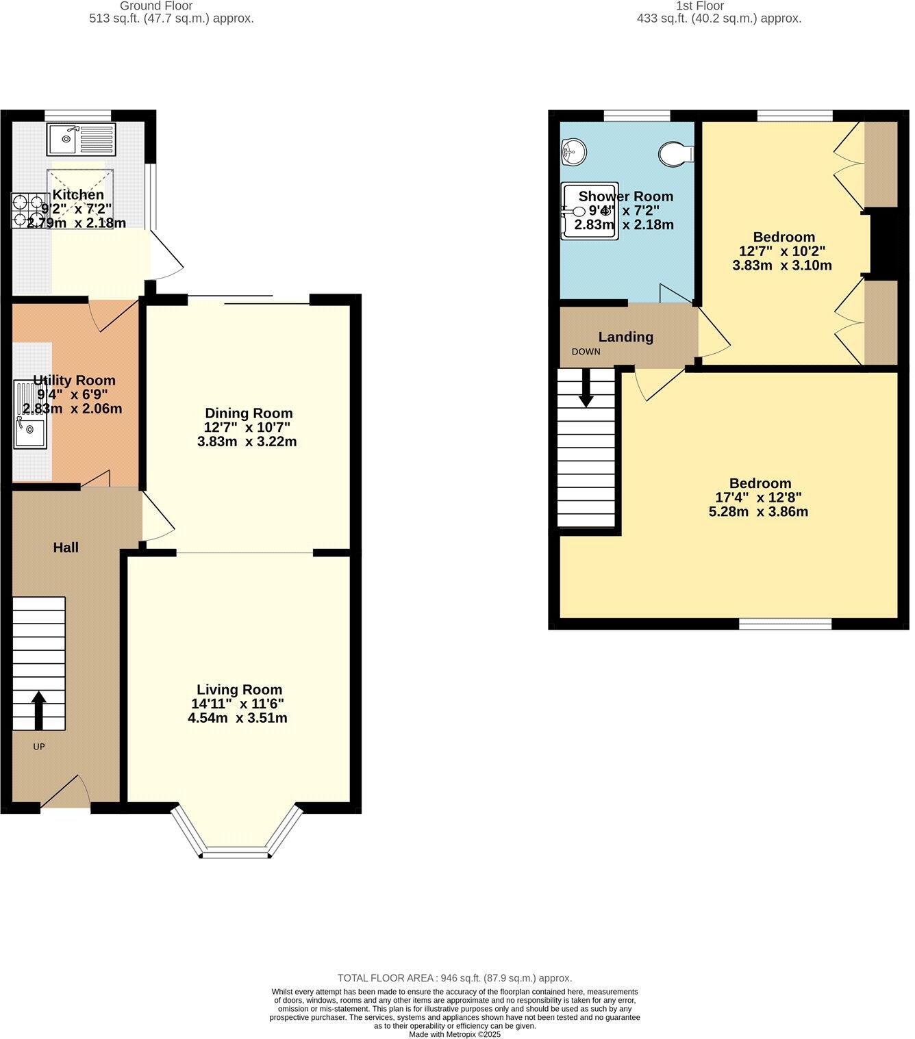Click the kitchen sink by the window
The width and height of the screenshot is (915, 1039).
coord(82,140)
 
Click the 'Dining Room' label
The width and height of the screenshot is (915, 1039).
coord(249,413)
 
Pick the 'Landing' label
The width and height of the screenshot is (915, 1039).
coord(625,337)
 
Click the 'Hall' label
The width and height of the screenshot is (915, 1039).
coord(66,548)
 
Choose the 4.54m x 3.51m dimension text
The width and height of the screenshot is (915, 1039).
coord(237,719)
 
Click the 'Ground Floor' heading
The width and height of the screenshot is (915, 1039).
coord(156,6)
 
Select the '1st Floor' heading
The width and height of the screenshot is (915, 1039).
coord(699,6)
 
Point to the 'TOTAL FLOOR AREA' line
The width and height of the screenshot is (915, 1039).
coord(454,978)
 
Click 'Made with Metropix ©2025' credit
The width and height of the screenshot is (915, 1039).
coord(455,1034)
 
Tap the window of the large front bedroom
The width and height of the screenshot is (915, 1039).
coord(785,624)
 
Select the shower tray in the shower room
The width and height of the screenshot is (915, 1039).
coord(589,211)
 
